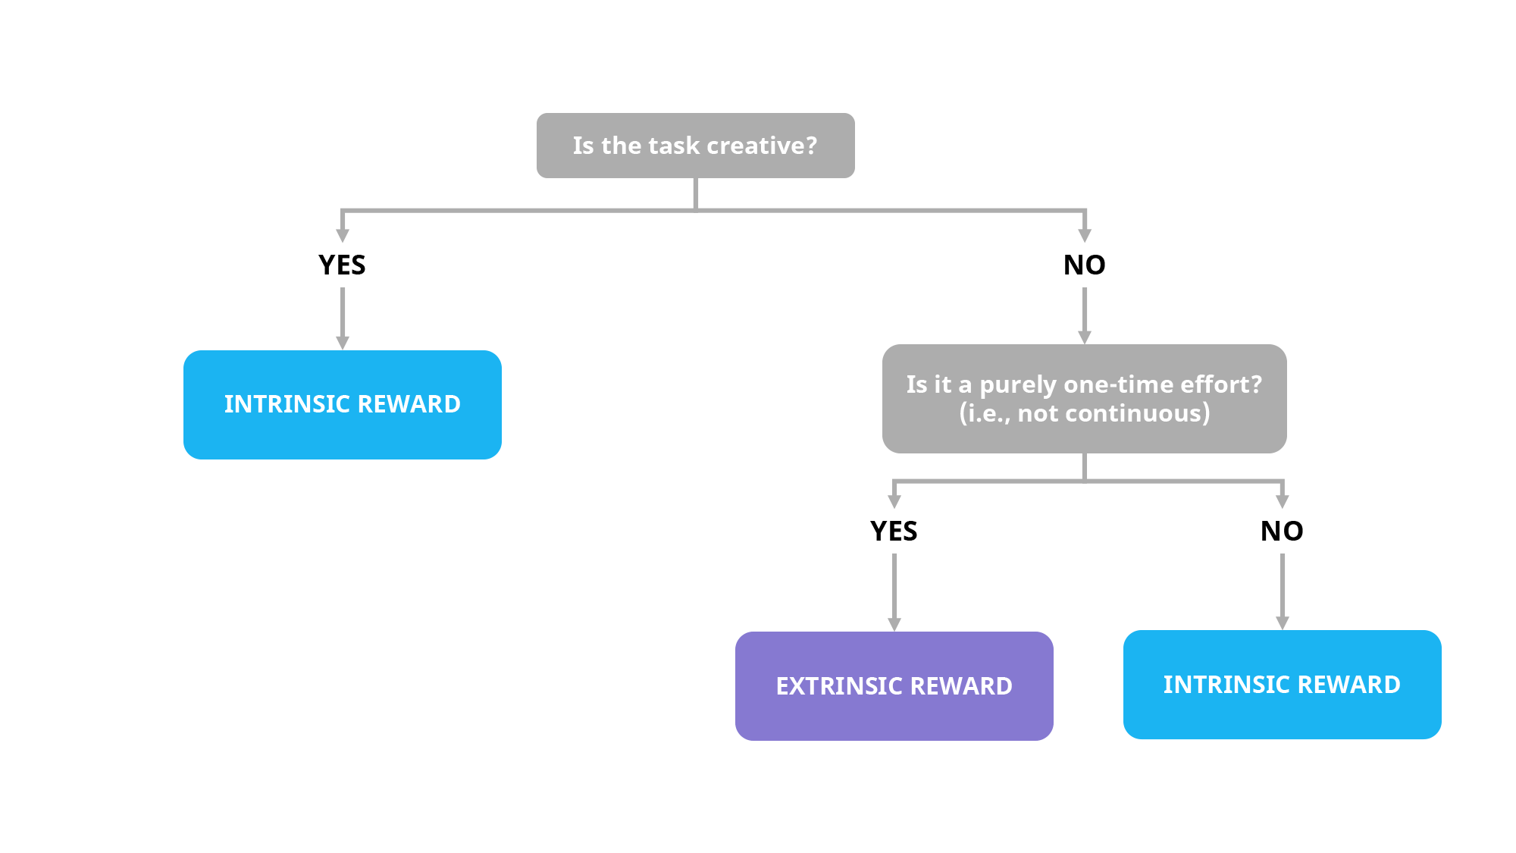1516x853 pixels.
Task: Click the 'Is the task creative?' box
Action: pyautogui.click(x=695, y=146)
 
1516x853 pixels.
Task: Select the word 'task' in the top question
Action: pyautogui.click(x=674, y=146)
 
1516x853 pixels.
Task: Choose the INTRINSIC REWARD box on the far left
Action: pyautogui.click(x=342, y=404)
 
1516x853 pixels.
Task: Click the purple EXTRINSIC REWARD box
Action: pyautogui.click(x=894, y=686)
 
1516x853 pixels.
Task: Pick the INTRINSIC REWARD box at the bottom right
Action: pyautogui.click(x=1282, y=685)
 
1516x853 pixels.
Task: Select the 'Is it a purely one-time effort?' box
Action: pyautogui.click(x=1084, y=399)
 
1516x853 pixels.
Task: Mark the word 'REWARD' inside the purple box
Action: pyautogui.click(x=960, y=686)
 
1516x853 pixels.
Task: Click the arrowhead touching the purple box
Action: pyautogui.click(x=894, y=624)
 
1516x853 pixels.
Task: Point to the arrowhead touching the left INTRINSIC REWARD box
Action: pyautogui.click(x=343, y=343)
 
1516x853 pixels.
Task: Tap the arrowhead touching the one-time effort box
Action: pyautogui.click(x=1085, y=337)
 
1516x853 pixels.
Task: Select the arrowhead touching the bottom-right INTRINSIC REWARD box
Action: pyautogui.click(x=1283, y=623)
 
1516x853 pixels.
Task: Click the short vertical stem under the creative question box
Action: pyautogui.click(x=695, y=193)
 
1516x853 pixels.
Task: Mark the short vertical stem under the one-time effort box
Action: pyautogui.click(x=1085, y=466)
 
